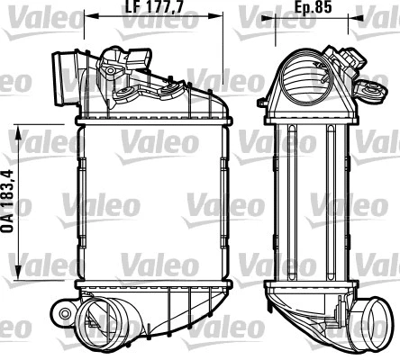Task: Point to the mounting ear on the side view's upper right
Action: click(x=369, y=88)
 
